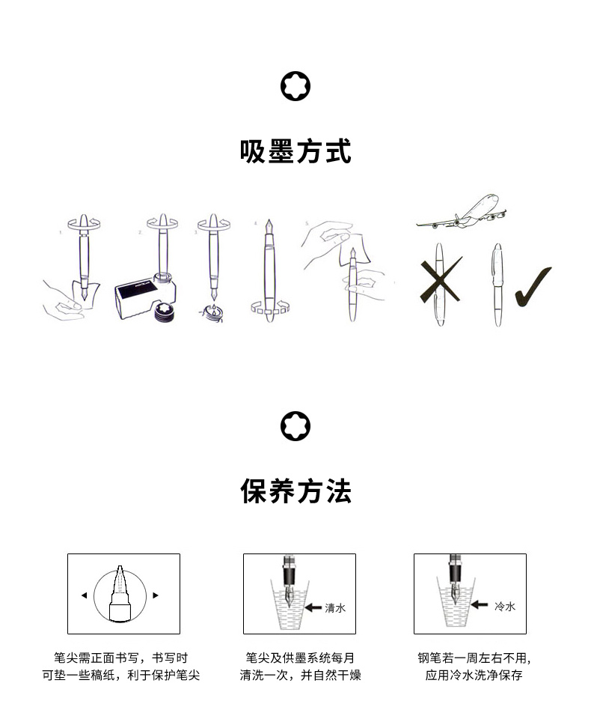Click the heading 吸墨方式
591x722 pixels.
295,151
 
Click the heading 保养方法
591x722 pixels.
295,492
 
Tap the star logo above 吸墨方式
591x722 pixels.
295,87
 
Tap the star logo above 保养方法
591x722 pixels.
295,427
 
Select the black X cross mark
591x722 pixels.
440,282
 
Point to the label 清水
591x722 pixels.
335,608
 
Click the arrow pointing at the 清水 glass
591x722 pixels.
313,608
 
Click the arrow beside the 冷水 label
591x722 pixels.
481,605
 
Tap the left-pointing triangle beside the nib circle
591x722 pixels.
84,595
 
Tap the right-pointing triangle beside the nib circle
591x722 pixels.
156,595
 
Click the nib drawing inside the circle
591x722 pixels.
120,592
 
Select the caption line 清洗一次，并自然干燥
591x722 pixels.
300,676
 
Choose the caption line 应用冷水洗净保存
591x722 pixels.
474,676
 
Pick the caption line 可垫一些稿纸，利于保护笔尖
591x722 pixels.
120,676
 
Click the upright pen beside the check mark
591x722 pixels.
497,285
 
